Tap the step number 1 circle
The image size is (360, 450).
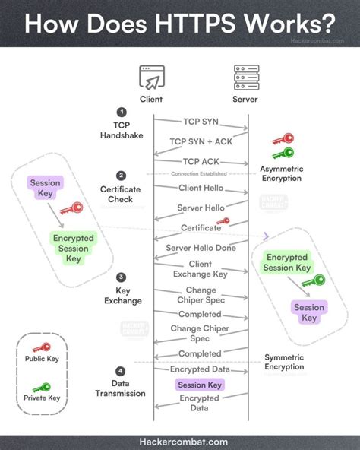(x=121, y=111)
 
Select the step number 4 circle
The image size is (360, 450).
(x=121, y=371)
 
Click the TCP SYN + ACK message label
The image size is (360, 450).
(x=201, y=141)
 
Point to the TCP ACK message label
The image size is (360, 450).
(x=201, y=161)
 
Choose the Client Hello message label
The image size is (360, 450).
(x=201, y=187)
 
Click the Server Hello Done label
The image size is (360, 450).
(x=201, y=249)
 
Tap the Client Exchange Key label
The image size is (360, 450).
(x=201, y=269)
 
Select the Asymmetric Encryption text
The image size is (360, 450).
(x=280, y=173)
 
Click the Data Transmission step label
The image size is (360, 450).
(x=121, y=388)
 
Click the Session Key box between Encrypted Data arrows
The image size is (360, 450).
(x=199, y=385)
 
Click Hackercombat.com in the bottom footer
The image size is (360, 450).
(x=180, y=440)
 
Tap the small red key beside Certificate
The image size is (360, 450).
(x=223, y=222)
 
